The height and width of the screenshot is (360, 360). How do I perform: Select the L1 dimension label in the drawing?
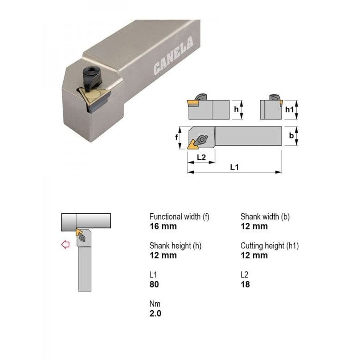pos(234,167)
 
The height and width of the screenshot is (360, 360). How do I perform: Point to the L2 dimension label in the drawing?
pos(201,157)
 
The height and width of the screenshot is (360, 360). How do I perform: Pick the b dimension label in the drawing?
pos(291,136)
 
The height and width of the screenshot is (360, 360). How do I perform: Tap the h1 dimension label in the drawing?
pos(289,109)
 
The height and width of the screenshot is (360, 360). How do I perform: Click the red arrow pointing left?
pos(66,245)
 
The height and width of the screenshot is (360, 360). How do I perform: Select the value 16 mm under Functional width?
pos(163,226)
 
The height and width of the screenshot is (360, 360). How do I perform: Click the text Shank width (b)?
pos(265,216)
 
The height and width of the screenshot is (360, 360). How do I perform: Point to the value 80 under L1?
pos(154,284)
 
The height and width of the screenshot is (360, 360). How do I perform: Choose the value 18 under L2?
pos(245,284)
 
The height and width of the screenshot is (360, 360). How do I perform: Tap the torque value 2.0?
pos(156,313)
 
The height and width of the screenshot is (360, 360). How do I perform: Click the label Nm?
pos(155,304)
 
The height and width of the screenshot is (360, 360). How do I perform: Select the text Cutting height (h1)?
pos(270,246)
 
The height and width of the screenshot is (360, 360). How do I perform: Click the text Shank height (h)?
pos(175,246)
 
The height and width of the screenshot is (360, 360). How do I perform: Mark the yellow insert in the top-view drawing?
pos(192,145)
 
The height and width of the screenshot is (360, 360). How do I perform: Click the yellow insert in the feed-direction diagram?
pos(79,232)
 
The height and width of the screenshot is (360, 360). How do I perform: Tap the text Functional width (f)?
pos(179,216)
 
